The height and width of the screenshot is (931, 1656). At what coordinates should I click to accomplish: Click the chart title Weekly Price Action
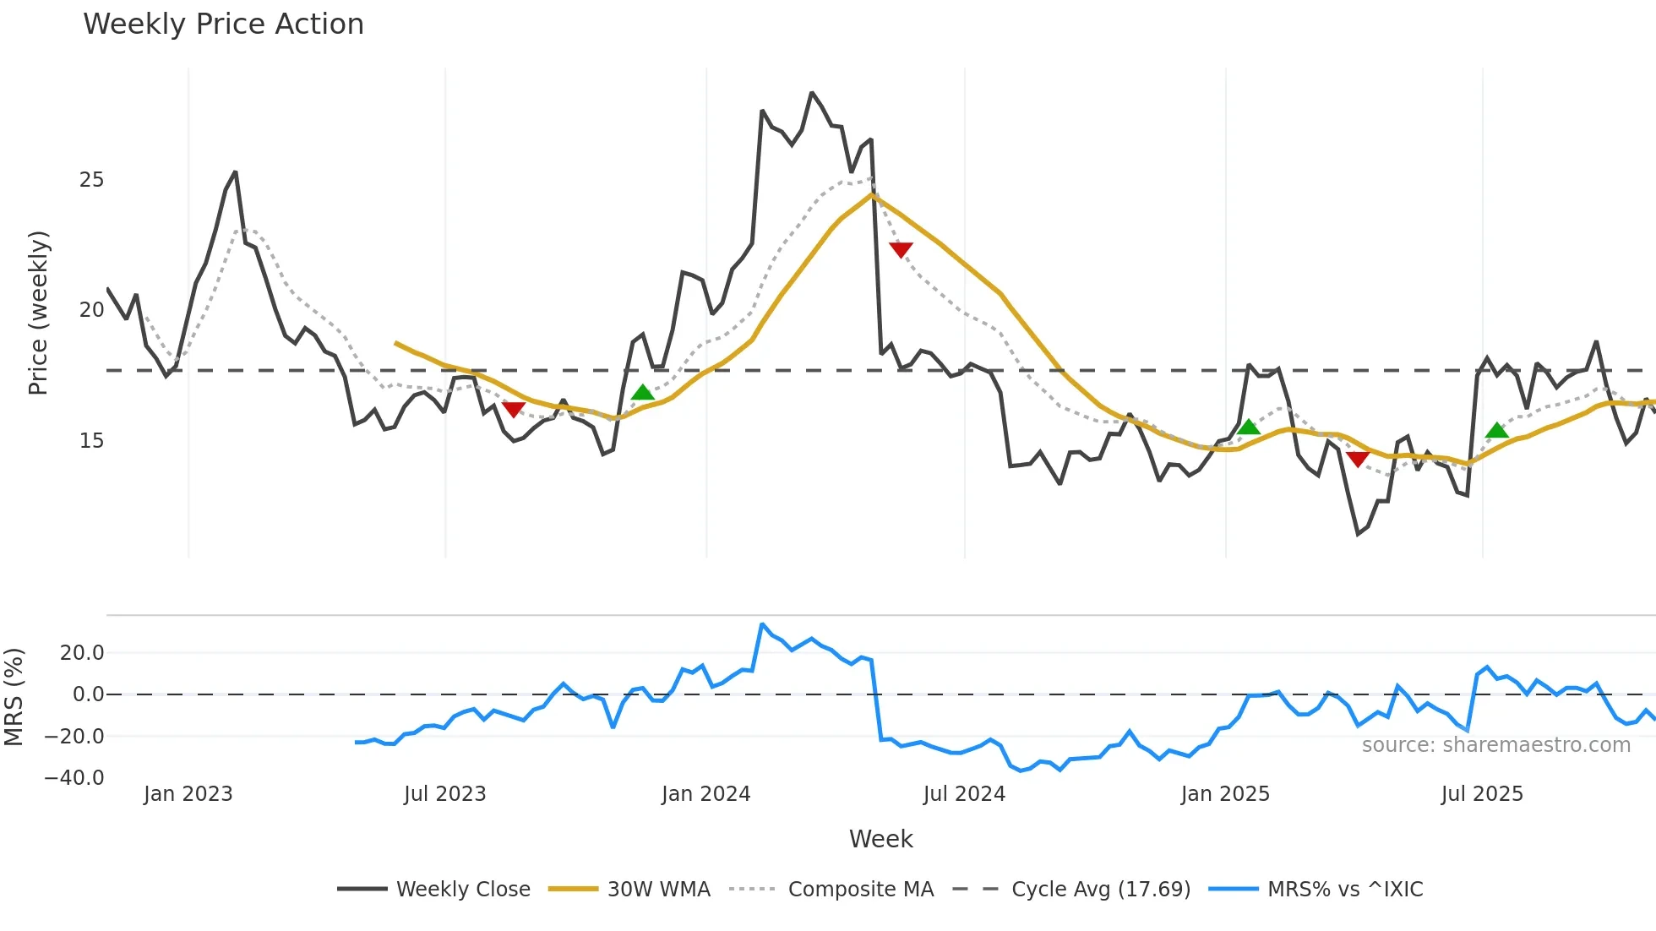pyautogui.click(x=223, y=24)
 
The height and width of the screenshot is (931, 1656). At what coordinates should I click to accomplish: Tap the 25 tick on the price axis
pyautogui.click(x=91, y=180)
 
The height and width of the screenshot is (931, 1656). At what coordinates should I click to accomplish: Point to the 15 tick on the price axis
pyautogui.click(x=91, y=441)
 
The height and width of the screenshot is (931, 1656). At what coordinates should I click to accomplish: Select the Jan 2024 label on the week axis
pyautogui.click(x=705, y=794)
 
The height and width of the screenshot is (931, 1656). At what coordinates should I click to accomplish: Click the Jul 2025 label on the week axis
pyautogui.click(x=1482, y=794)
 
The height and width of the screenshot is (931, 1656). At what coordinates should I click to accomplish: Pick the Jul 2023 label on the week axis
pyautogui.click(x=444, y=794)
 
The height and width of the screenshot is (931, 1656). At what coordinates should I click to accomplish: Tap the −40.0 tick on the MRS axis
pyautogui.click(x=74, y=778)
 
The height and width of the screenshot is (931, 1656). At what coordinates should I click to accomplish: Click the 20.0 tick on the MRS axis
pyautogui.click(x=82, y=652)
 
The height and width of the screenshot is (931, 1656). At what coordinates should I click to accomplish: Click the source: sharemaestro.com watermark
pyautogui.click(x=1495, y=745)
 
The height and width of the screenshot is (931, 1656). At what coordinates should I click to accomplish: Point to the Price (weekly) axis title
pyautogui.click(x=39, y=313)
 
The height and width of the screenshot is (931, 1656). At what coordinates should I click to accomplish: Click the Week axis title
pyautogui.click(x=880, y=839)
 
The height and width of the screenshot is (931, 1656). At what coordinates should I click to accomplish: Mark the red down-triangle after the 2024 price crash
pyautogui.click(x=901, y=249)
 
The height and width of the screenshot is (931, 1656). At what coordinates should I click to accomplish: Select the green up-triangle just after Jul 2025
pyautogui.click(x=1496, y=431)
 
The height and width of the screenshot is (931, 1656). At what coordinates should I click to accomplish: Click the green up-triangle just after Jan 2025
pyautogui.click(x=1248, y=427)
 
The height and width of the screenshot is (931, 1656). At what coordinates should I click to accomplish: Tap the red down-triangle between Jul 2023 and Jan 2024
pyautogui.click(x=513, y=409)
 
